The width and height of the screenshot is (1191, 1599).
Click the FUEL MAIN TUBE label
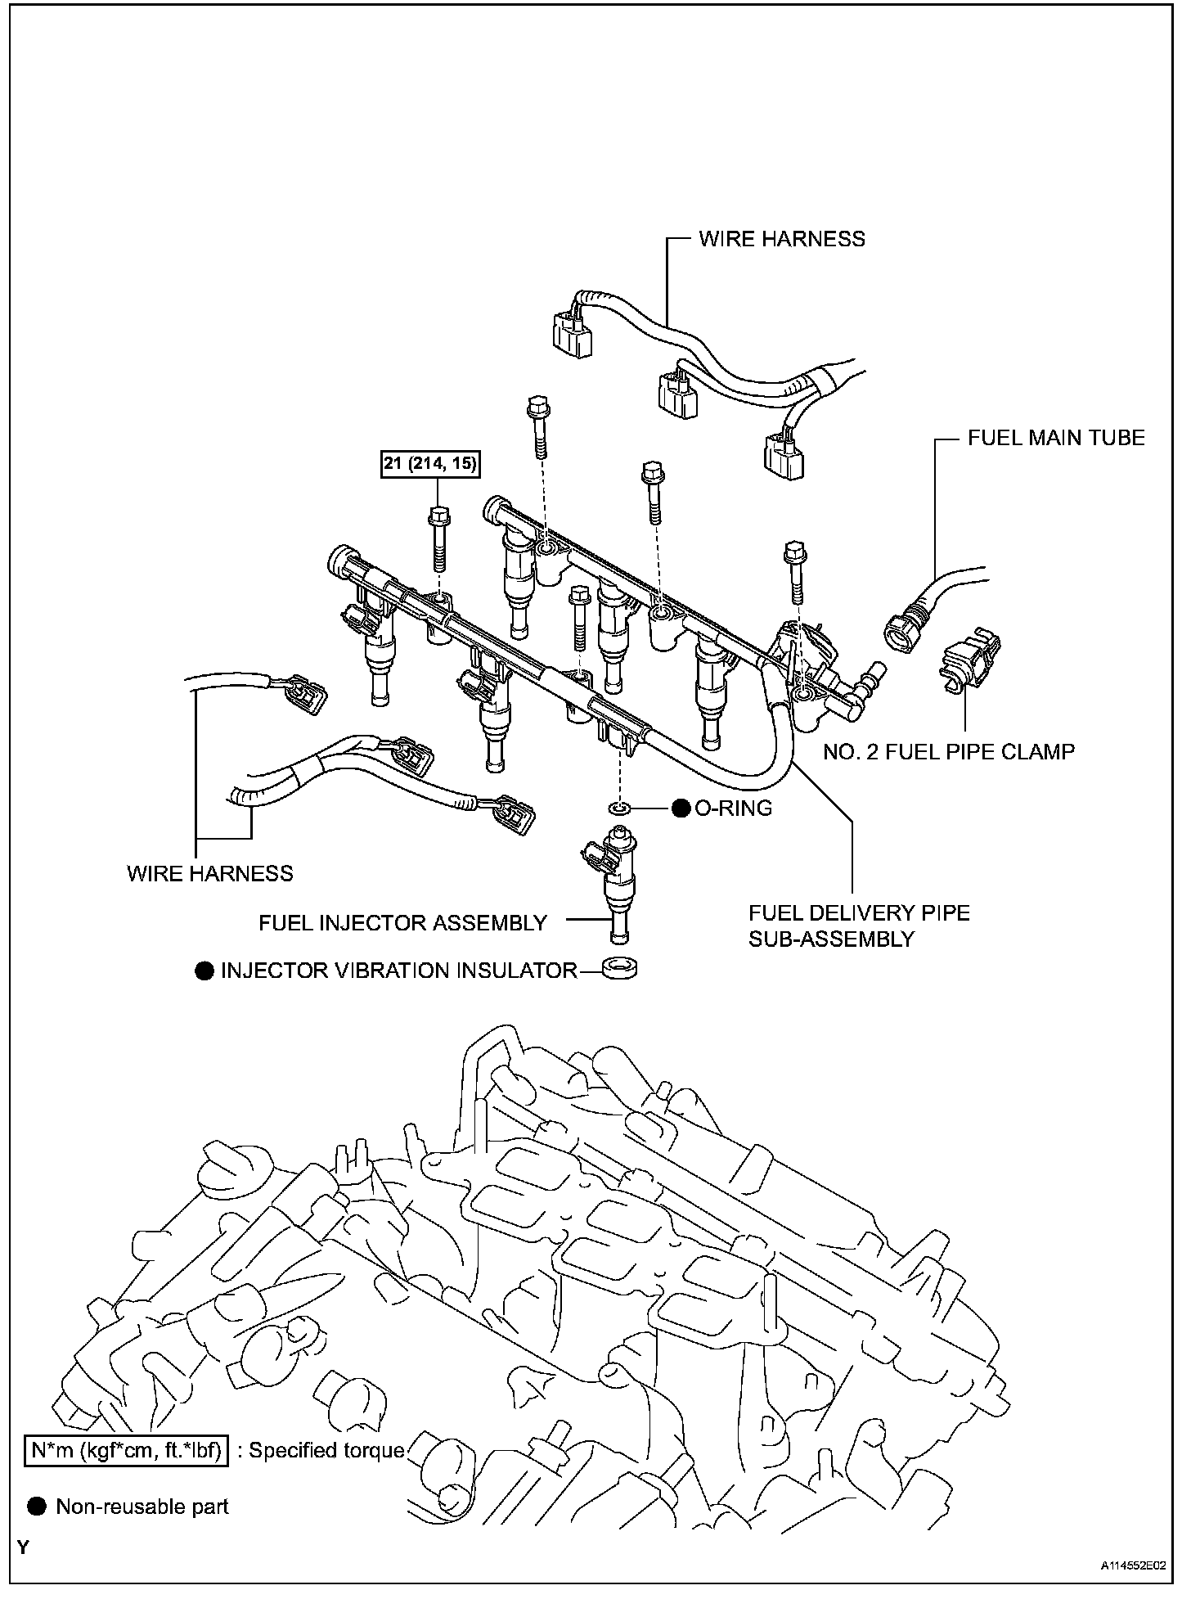pyautogui.click(x=1055, y=438)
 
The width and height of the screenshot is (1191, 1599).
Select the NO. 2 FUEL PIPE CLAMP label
pyautogui.click(x=948, y=751)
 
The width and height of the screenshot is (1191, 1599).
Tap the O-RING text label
pyautogui.click(x=733, y=809)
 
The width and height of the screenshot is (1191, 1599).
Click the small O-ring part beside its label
pyautogui.click(x=620, y=809)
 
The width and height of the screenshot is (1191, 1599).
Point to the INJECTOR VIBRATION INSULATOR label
pyautogui.click(x=398, y=971)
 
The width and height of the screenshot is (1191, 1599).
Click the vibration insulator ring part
pyautogui.click(x=619, y=970)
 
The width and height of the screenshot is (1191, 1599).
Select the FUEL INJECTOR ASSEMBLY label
pyautogui.click(x=402, y=923)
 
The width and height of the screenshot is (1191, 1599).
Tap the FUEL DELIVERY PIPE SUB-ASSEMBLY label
pyautogui.click(x=859, y=926)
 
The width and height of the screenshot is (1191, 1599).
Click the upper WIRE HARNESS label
pyautogui.click(x=781, y=239)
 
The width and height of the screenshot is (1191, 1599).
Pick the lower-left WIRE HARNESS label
pyautogui.click(x=209, y=874)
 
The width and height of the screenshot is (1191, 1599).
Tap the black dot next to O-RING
pyautogui.click(x=681, y=809)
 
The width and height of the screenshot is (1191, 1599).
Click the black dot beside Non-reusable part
pyautogui.click(x=37, y=1507)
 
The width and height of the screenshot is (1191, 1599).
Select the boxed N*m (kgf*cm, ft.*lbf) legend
pyautogui.click(x=125, y=1451)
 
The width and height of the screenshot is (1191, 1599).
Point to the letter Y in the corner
pyautogui.click(x=24, y=1548)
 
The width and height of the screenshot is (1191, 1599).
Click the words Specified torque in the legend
pyautogui.click(x=326, y=1451)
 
